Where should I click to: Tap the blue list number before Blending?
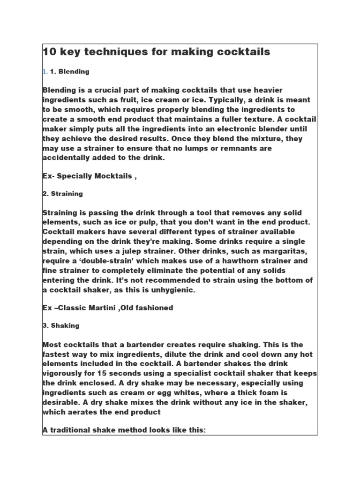(45, 72)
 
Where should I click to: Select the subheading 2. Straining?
(62, 193)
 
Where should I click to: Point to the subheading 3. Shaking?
(60, 325)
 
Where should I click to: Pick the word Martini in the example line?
(111, 307)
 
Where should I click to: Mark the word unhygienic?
(173, 290)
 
